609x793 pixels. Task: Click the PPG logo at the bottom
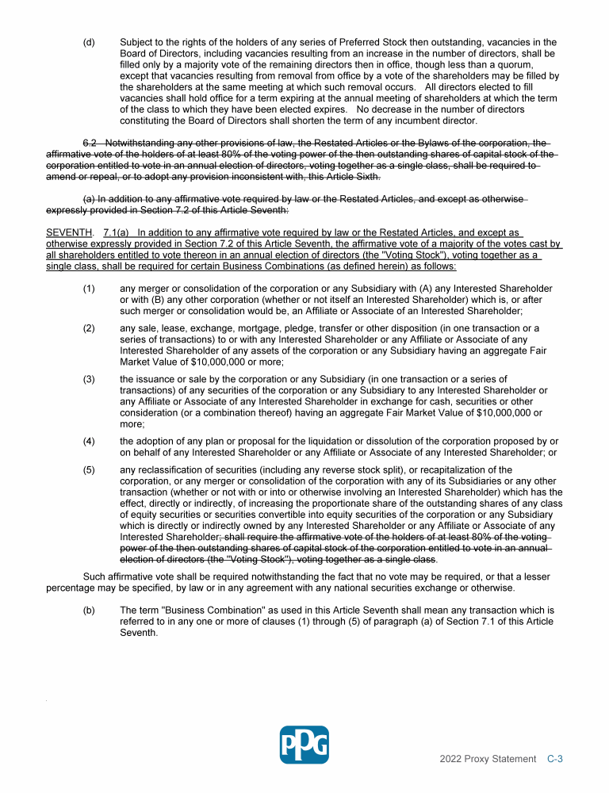point(304,744)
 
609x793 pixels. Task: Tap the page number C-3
point(555,759)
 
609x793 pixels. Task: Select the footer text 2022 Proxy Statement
point(488,759)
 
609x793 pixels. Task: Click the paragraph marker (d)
point(89,42)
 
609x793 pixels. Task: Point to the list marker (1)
point(89,288)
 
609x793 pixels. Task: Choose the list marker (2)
point(89,328)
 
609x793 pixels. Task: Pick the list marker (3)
point(89,379)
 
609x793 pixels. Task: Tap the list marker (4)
point(89,441)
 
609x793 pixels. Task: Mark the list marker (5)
point(89,469)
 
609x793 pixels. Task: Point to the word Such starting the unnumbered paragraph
point(94,577)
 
